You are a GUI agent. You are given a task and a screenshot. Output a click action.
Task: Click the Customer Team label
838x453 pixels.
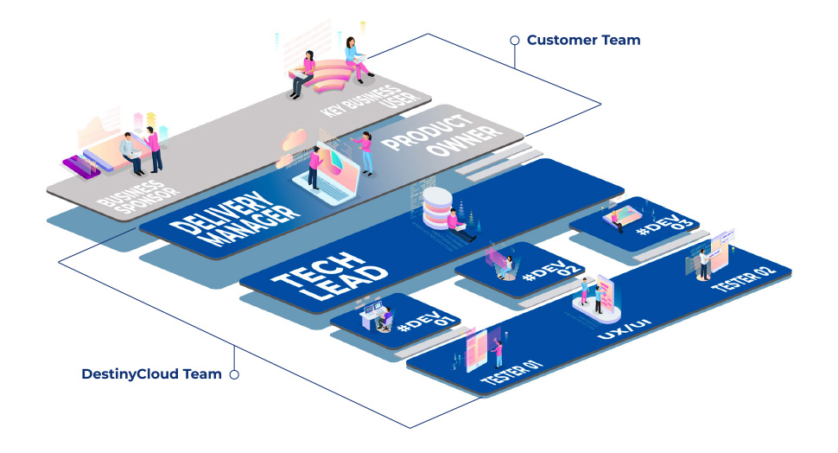583,40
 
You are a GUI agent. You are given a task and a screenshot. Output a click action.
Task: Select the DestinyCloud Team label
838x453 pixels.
151,374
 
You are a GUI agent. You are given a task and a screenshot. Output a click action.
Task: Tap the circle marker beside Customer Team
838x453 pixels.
515,40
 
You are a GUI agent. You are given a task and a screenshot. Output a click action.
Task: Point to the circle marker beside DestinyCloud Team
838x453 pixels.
233,374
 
